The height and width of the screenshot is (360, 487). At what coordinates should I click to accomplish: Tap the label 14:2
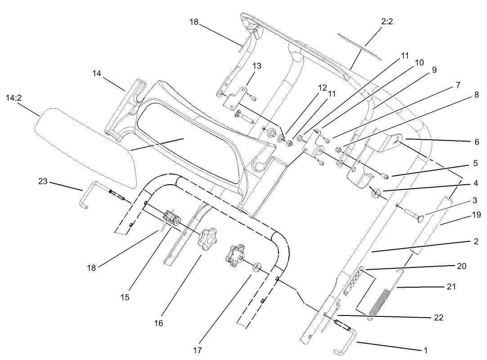pyautogui.click(x=14, y=98)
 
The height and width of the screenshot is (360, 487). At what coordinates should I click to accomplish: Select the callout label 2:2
pyautogui.click(x=387, y=21)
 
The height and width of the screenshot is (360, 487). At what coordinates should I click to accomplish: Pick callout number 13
pyautogui.click(x=256, y=66)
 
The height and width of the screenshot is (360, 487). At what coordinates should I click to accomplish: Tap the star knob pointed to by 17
pyautogui.click(x=235, y=255)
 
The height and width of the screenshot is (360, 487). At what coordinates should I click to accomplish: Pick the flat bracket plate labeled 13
pyautogui.click(x=234, y=98)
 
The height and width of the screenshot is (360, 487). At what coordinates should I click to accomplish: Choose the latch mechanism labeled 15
pyautogui.click(x=172, y=218)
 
